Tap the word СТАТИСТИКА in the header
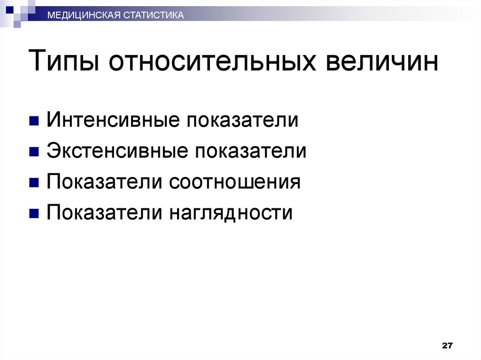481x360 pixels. point(153,16)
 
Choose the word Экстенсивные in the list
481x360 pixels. point(116,151)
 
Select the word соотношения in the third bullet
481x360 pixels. point(235,182)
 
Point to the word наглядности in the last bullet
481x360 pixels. point(231,213)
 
